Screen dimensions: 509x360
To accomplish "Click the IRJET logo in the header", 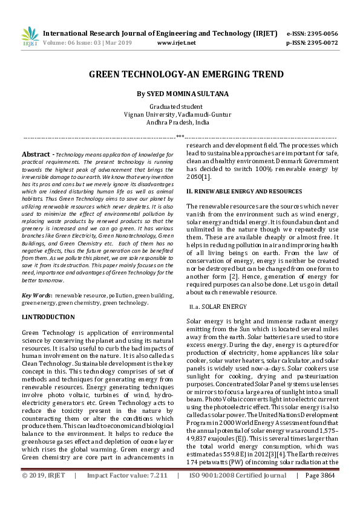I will (x=30, y=37).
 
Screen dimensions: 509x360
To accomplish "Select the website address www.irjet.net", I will (x=176, y=43).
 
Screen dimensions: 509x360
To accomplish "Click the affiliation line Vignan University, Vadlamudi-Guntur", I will (x=180, y=114).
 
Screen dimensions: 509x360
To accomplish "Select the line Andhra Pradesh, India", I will (x=180, y=122).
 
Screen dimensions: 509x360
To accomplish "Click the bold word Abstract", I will (x=36, y=154).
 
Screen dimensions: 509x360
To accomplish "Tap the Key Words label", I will (x=36, y=294).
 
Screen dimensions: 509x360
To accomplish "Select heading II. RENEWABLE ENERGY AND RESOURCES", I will (x=244, y=191).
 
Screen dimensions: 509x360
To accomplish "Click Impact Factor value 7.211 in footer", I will (x=127, y=493).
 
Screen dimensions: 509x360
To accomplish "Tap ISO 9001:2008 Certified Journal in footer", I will (x=238, y=493).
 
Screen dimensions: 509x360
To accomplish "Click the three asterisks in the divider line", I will (x=180, y=137).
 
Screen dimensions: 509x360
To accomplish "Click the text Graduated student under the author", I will (x=180, y=106).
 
